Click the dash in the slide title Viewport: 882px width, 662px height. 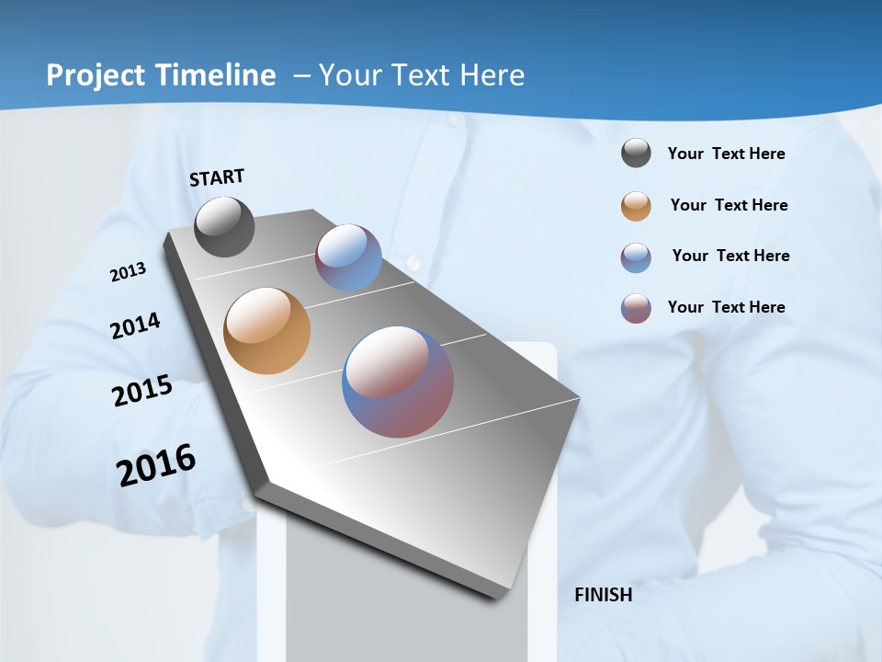point(301,75)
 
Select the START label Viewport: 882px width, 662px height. point(217,177)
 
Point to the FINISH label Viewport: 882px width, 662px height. point(603,595)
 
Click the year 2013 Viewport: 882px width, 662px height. point(128,272)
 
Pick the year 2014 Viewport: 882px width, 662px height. point(135,326)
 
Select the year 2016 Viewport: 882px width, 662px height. point(156,465)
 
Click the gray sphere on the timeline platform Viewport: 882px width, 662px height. point(224,226)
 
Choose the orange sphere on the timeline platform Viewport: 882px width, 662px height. point(266,331)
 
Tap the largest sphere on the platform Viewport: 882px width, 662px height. point(398,381)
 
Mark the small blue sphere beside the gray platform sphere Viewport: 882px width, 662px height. point(348,257)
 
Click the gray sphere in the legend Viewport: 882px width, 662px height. point(636,153)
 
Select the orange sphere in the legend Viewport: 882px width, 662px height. point(636,205)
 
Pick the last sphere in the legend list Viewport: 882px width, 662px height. point(636,307)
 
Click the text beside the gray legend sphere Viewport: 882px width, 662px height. point(726,154)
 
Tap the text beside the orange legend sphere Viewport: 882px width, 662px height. point(729,205)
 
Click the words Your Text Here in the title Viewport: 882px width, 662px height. point(422,75)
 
